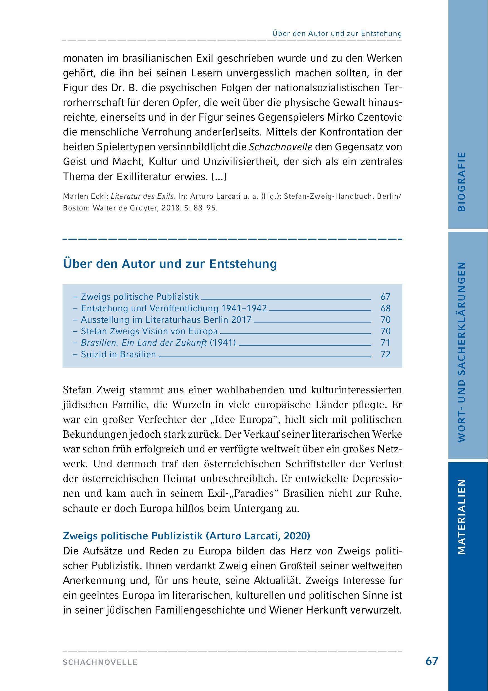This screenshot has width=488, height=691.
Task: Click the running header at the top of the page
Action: click(337, 33)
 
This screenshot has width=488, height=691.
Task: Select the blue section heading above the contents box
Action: click(170, 264)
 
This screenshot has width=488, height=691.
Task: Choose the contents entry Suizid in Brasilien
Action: click(118, 354)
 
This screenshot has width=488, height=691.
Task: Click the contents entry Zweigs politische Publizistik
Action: click(140, 297)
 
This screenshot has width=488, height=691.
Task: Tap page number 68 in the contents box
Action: click(385, 308)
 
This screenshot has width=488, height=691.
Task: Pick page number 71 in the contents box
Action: click(385, 343)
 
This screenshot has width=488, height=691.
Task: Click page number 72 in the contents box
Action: click(385, 354)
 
